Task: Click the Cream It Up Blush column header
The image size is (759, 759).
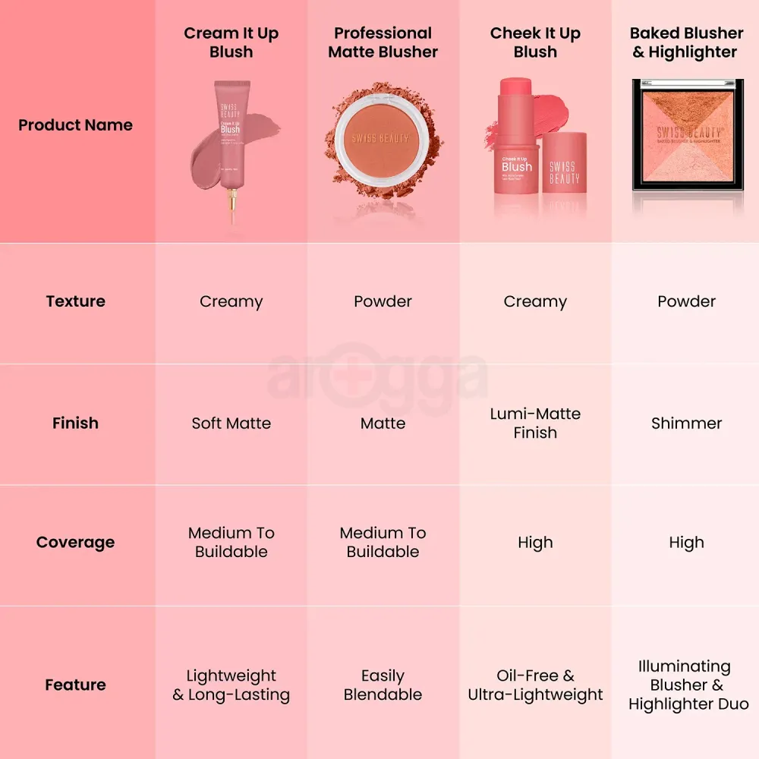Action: pyautogui.click(x=231, y=43)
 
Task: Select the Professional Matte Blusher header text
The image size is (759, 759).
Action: pyautogui.click(x=383, y=43)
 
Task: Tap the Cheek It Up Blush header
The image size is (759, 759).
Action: pyautogui.click(x=535, y=43)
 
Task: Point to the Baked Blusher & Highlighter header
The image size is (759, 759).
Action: pyautogui.click(x=686, y=43)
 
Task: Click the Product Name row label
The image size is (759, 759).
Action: pyautogui.click(x=75, y=125)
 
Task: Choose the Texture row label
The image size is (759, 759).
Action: pyautogui.click(x=75, y=301)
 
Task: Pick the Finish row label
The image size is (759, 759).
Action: pyautogui.click(x=75, y=423)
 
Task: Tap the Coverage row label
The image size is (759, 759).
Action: pyautogui.click(x=75, y=543)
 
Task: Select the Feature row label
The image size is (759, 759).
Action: pyautogui.click(x=75, y=685)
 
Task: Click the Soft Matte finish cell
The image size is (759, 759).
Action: pyautogui.click(x=231, y=423)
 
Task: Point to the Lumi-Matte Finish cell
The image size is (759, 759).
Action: pyautogui.click(x=535, y=423)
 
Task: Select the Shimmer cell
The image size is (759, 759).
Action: pyautogui.click(x=686, y=423)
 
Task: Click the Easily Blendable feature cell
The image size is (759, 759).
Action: pyautogui.click(x=383, y=685)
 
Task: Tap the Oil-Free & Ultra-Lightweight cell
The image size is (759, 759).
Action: pyautogui.click(x=535, y=685)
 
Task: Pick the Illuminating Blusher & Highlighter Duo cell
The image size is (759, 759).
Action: pyautogui.click(x=688, y=685)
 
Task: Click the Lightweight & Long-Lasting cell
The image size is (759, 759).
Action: pyautogui.click(x=231, y=685)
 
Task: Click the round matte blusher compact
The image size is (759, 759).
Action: pyautogui.click(x=382, y=140)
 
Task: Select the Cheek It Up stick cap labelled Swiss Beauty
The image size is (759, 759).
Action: pyautogui.click(x=564, y=171)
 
